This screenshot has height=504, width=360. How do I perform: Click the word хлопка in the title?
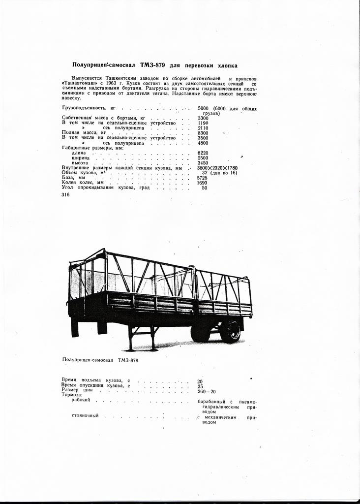point(226,65)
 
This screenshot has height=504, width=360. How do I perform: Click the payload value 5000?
point(203,108)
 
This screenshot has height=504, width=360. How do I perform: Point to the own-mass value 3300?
point(203,118)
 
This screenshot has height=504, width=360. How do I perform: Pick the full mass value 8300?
point(203,133)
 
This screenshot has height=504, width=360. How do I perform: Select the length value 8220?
point(203,153)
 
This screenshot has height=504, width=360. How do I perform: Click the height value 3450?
point(203,163)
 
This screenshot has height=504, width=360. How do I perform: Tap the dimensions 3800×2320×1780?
point(217,168)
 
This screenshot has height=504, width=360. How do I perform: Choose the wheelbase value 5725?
point(203,178)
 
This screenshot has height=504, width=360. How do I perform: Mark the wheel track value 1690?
point(203,183)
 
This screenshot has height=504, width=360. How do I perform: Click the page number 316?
point(66,195)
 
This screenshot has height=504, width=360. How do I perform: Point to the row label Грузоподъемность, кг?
point(88,108)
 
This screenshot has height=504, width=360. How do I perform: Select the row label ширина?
point(81,158)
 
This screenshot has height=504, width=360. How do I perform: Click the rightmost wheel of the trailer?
point(230,331)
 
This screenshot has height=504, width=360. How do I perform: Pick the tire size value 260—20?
point(206,391)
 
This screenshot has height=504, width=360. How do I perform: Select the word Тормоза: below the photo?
point(72,395)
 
